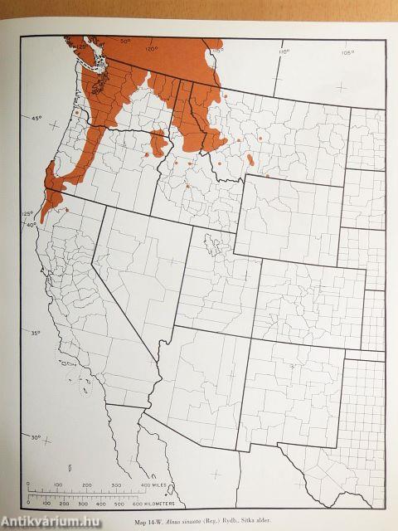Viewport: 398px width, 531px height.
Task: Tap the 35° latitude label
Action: tap(35, 334)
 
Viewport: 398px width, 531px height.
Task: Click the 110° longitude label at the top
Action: tap(283, 51)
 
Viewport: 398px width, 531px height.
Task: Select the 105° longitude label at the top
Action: tap(346, 51)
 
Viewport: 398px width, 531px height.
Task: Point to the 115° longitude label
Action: tap(217, 51)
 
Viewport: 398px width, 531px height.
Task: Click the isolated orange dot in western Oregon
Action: tap(75, 111)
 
